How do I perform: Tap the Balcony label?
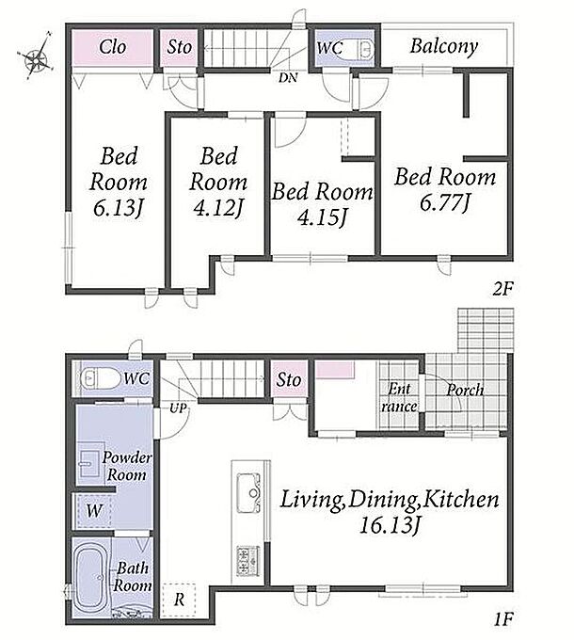click(444, 46)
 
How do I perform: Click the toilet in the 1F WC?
click(96, 378)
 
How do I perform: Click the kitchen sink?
click(248, 492)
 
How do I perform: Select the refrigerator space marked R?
click(179, 600)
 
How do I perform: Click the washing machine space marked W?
click(94, 511)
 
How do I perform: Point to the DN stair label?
click(288, 77)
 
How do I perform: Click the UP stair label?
click(178, 408)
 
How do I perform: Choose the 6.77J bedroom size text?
click(444, 203)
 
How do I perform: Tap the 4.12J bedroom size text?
click(218, 208)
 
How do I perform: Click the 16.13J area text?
click(390, 526)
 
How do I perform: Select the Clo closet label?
click(113, 47)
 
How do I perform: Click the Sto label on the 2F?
click(179, 47)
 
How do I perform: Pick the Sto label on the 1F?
click(289, 380)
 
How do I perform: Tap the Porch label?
click(465, 390)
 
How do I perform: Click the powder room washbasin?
click(89, 464)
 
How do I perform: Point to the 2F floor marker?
click(502, 289)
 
